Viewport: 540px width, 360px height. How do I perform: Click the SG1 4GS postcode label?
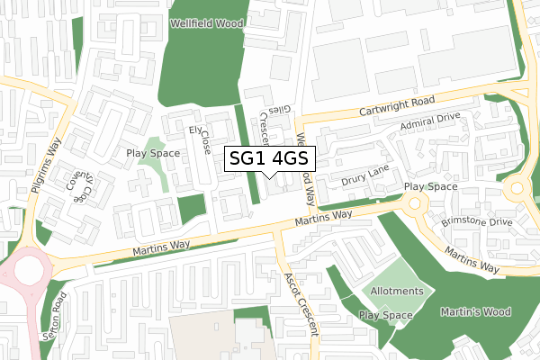click(269, 158)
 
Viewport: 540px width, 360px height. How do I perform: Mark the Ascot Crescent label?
click(300, 302)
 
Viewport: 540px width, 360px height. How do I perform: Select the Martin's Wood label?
click(476, 312)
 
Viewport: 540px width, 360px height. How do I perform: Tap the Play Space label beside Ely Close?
click(153, 153)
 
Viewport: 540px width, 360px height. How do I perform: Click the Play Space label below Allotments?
click(385, 315)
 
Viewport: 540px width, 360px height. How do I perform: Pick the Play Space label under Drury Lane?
click(430, 187)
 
